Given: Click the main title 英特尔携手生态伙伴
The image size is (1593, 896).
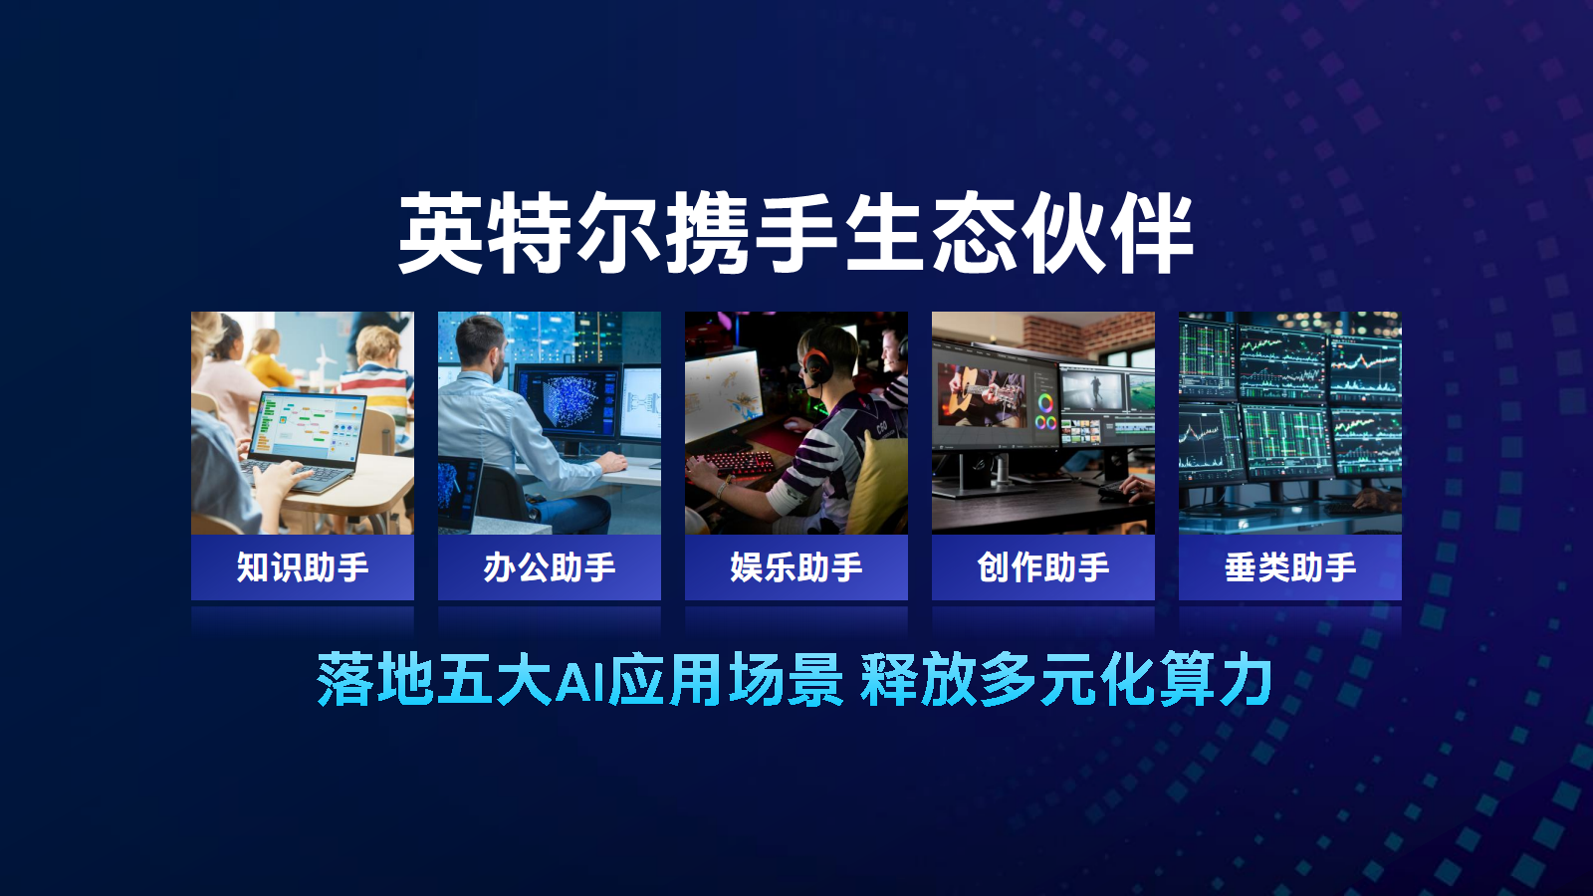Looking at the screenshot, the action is [796, 233].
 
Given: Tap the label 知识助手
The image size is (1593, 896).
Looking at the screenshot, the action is [303, 567].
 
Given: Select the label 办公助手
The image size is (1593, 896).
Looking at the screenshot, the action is [549, 567].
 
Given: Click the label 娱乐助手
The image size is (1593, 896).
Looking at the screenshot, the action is [796, 567].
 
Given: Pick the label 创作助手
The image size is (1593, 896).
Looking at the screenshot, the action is [1042, 567].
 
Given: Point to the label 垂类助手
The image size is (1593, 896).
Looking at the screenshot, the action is [1290, 567].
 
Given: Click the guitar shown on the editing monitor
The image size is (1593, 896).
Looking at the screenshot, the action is [982, 398].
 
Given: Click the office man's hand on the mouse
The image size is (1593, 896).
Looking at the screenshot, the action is [611, 462].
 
